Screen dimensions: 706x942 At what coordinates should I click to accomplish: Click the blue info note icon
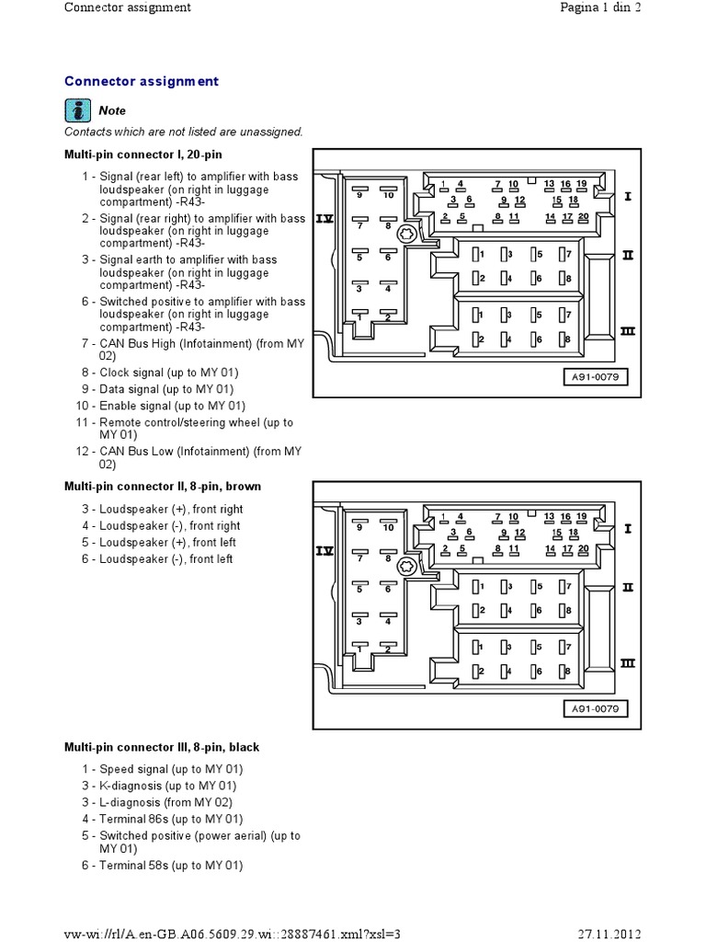pos(78,110)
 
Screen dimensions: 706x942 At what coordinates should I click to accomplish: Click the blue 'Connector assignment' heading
pos(142,81)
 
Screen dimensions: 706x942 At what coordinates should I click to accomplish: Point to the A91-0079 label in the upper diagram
pos(595,376)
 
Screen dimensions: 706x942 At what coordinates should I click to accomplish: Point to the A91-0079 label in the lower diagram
pos(595,708)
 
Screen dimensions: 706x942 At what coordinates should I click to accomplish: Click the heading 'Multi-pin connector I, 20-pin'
pos(142,155)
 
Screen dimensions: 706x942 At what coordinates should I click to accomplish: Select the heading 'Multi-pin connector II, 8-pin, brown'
pos(163,487)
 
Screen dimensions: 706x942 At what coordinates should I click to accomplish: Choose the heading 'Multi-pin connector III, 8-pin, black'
pos(162,747)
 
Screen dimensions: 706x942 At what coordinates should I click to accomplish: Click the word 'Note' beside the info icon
pos(112,110)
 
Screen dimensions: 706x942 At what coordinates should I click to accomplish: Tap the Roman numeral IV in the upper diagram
pos(325,219)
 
